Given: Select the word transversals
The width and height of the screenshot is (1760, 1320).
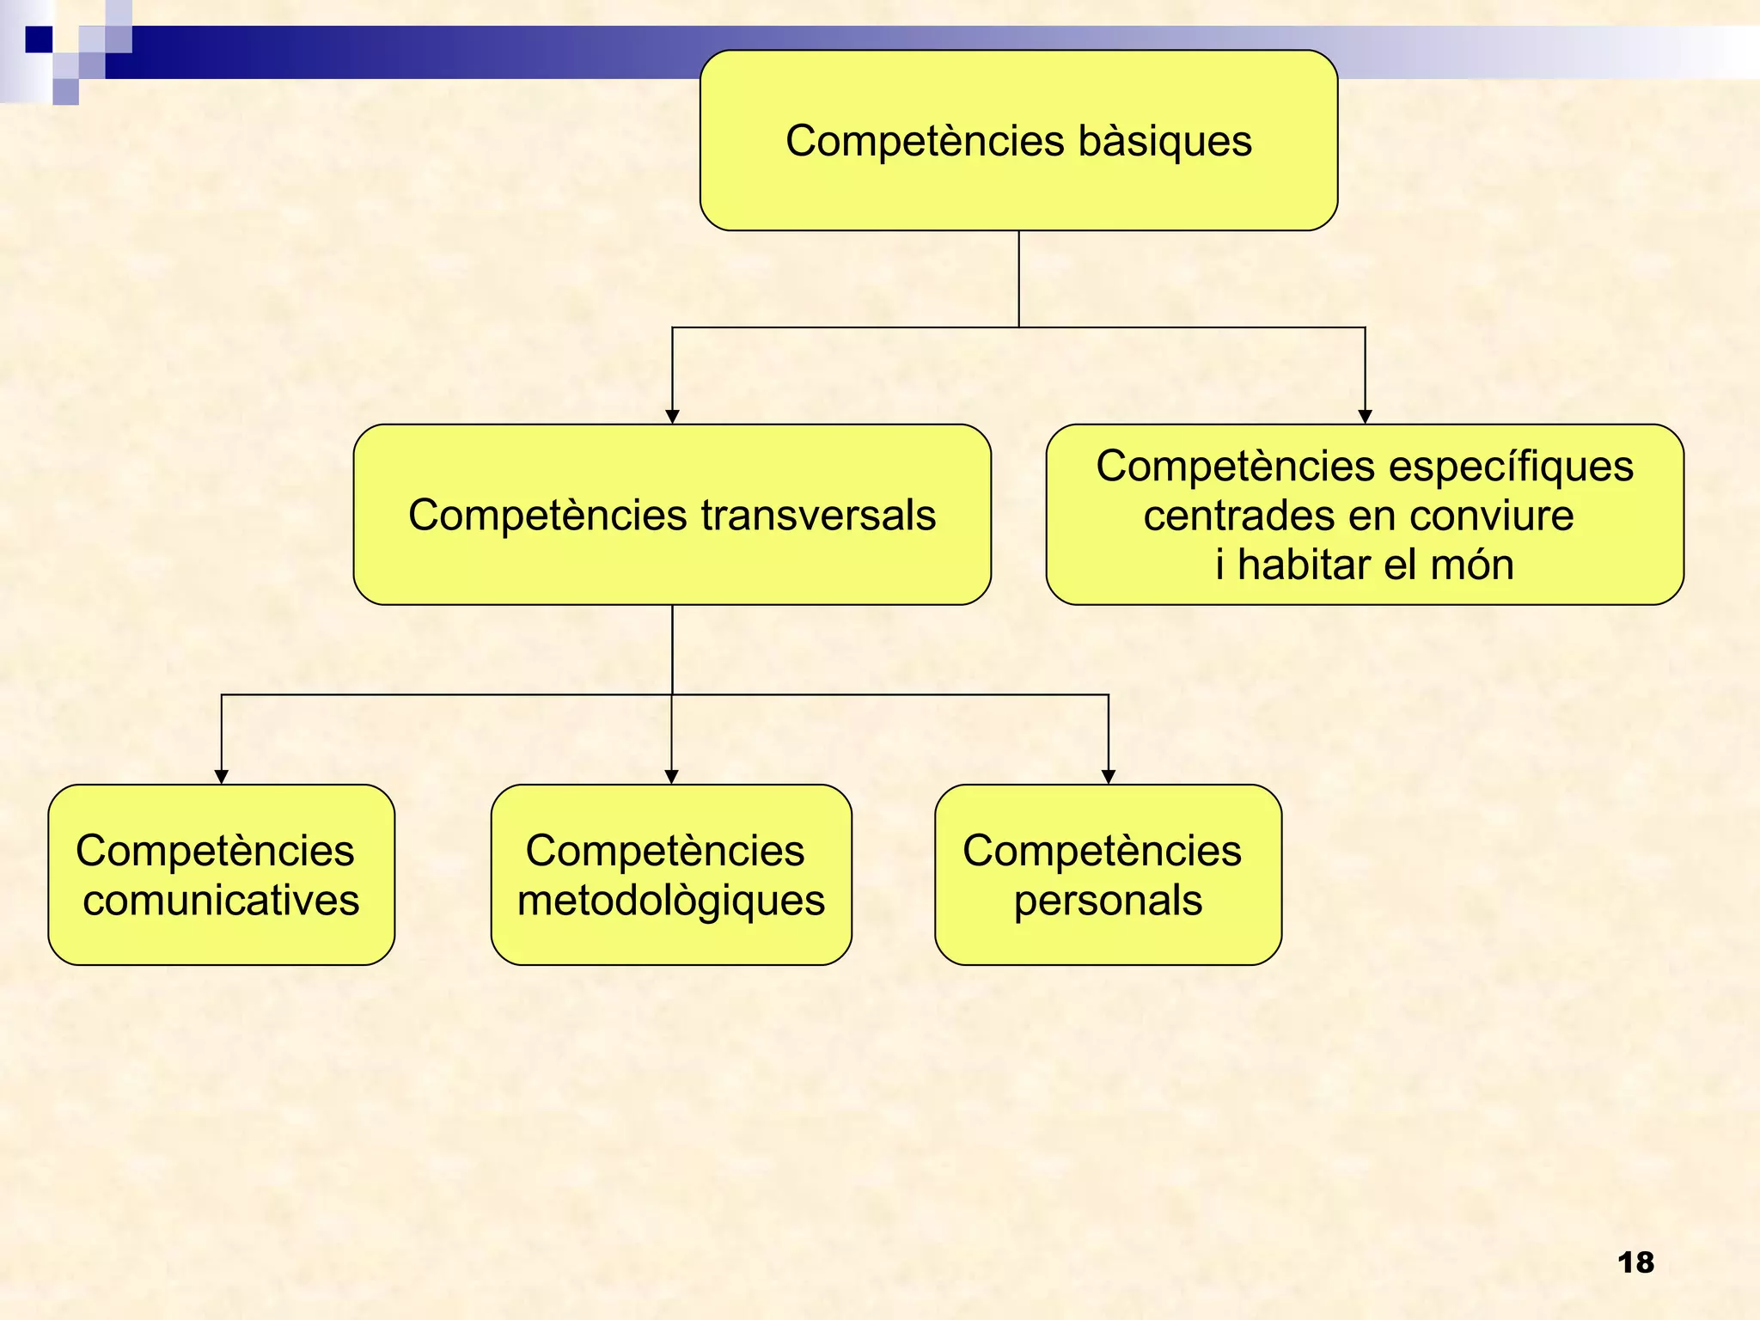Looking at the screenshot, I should click(x=818, y=516).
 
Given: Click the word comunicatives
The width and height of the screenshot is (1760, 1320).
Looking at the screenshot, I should click(x=221, y=901).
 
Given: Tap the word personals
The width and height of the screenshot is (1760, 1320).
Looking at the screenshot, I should click(x=1108, y=901).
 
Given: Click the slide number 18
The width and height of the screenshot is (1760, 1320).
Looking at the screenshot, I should click(x=1635, y=1262).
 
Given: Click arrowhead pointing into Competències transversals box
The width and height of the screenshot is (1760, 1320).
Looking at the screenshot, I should click(x=673, y=417).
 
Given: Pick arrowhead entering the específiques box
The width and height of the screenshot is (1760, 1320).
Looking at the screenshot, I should click(x=1365, y=417).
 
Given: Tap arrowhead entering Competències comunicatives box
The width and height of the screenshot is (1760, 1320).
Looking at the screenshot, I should click(x=222, y=777).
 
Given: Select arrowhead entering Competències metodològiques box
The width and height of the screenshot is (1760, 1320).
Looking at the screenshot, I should click(x=672, y=777).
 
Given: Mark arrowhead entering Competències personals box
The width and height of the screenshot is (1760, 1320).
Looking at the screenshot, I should click(x=1109, y=777).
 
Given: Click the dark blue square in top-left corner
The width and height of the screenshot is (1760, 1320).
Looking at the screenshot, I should click(x=39, y=40).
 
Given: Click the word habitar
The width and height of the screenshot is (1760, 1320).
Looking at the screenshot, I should click(x=1304, y=565).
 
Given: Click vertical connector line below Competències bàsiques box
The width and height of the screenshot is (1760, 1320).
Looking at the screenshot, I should click(x=1019, y=279).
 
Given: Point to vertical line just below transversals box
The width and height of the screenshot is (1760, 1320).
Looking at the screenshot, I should click(x=672, y=649).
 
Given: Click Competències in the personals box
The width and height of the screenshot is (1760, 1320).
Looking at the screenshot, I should click(x=1102, y=851).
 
